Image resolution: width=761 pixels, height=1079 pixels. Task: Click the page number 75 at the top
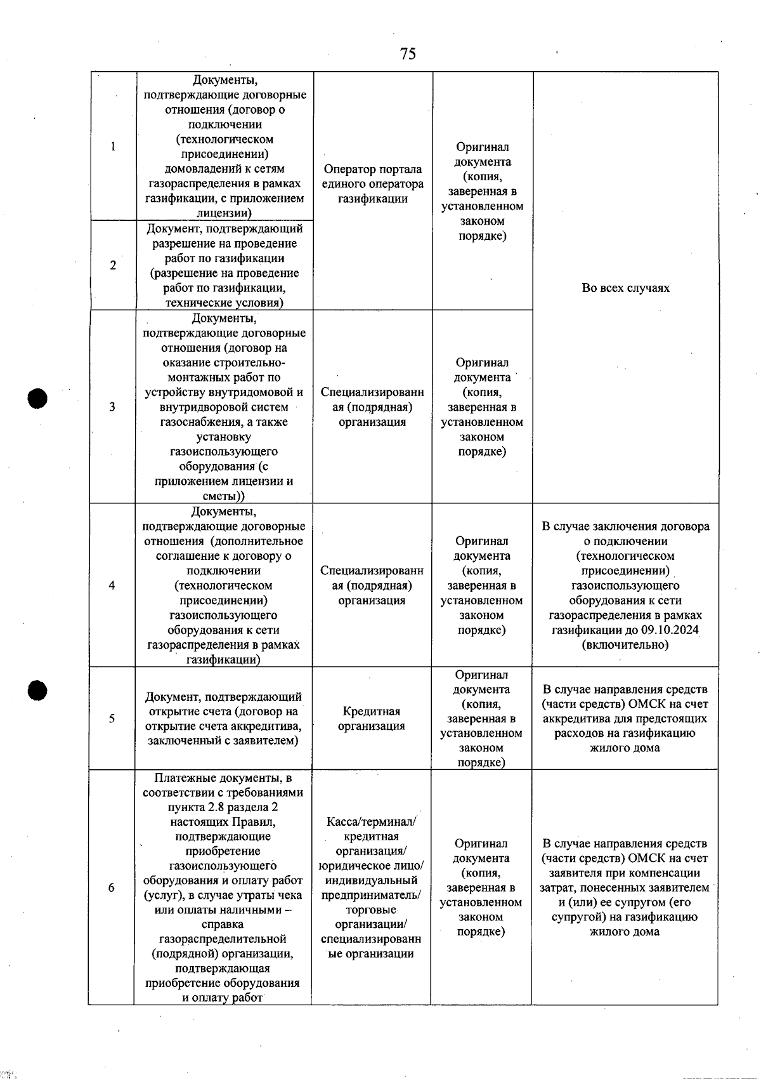tap(408, 54)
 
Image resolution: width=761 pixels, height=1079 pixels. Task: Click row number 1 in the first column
tap(113, 147)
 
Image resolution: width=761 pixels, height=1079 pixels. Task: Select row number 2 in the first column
tap(113, 265)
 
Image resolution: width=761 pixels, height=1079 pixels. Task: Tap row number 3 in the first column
tap(112, 407)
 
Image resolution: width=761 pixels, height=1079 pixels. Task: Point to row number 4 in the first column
tap(112, 585)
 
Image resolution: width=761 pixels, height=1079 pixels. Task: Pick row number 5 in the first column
tap(112, 718)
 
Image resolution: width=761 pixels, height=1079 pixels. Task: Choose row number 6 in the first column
tap(111, 887)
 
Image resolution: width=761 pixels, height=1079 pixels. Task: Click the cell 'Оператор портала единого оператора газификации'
tap(372, 184)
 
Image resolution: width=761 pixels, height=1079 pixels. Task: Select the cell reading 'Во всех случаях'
tap(625, 288)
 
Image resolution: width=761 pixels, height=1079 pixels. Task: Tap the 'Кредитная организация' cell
tap(371, 718)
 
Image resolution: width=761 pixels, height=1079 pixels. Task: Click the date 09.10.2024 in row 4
tap(664, 630)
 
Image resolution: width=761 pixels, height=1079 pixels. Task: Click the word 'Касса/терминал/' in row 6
tap(371, 822)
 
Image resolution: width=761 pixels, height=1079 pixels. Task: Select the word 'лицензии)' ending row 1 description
tap(224, 213)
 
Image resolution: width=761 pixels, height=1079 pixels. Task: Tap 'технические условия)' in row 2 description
tap(224, 303)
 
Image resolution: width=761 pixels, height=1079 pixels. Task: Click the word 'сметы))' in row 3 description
tap(223, 496)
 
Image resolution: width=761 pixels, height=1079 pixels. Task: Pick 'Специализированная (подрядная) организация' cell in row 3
tap(372, 407)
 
